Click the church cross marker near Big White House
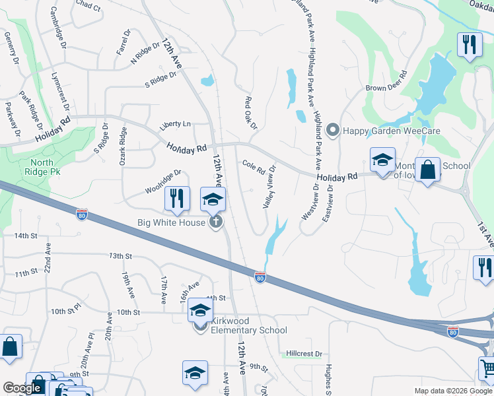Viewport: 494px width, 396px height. click(x=215, y=222)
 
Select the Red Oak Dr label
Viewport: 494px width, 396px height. click(x=250, y=113)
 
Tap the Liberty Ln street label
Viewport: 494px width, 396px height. click(x=174, y=124)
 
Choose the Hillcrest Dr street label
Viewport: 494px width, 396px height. click(x=304, y=354)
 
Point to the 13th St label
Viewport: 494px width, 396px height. click(x=121, y=255)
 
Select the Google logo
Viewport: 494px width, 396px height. click(x=22, y=388)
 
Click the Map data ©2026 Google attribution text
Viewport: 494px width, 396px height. click(x=452, y=391)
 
